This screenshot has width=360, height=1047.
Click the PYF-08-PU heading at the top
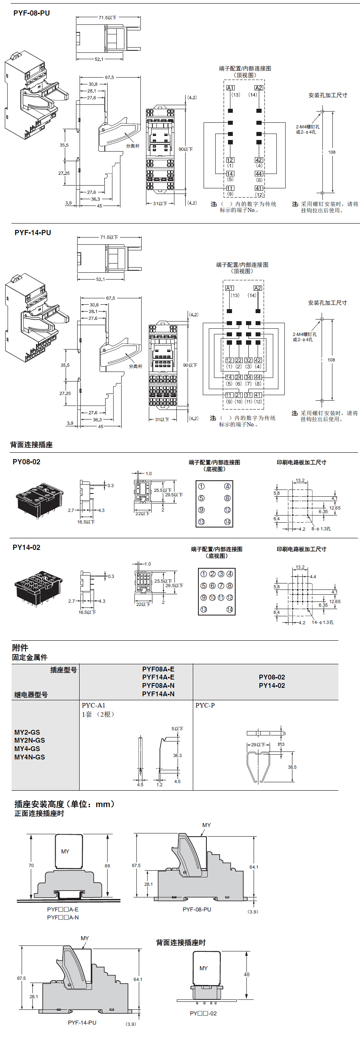click(x=31, y=13)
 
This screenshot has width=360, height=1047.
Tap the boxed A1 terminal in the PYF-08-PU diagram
click(x=230, y=88)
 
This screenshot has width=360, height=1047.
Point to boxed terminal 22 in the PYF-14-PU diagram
click(x=238, y=360)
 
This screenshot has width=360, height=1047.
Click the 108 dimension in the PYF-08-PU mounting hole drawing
click(x=332, y=152)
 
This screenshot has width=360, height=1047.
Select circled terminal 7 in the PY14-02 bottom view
click(x=221, y=585)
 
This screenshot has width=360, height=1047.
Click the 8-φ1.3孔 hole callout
click(x=321, y=529)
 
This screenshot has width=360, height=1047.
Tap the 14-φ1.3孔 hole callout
click(x=322, y=622)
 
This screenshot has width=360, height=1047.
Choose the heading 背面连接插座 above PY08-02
click(x=31, y=445)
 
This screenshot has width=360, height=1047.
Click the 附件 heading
click(x=20, y=647)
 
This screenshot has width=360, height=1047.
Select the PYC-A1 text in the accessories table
click(x=94, y=705)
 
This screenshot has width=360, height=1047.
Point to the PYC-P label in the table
click(x=205, y=705)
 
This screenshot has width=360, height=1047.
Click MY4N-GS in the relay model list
click(x=30, y=757)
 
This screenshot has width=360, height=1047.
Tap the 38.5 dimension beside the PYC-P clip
click(x=292, y=767)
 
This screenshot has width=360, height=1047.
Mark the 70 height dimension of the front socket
click(x=31, y=865)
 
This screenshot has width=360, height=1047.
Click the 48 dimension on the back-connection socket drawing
click(x=247, y=974)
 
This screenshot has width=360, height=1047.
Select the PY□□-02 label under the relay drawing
click(x=203, y=1013)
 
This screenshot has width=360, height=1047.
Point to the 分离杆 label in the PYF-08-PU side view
click(x=132, y=146)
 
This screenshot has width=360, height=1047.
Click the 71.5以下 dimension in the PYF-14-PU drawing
click(x=109, y=238)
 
